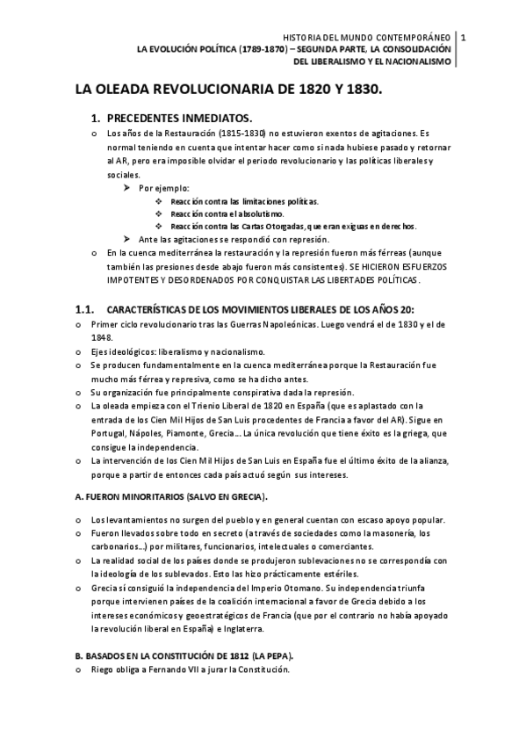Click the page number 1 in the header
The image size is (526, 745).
[463, 37]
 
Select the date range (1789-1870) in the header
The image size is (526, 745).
[265, 49]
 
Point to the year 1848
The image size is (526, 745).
[104, 336]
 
